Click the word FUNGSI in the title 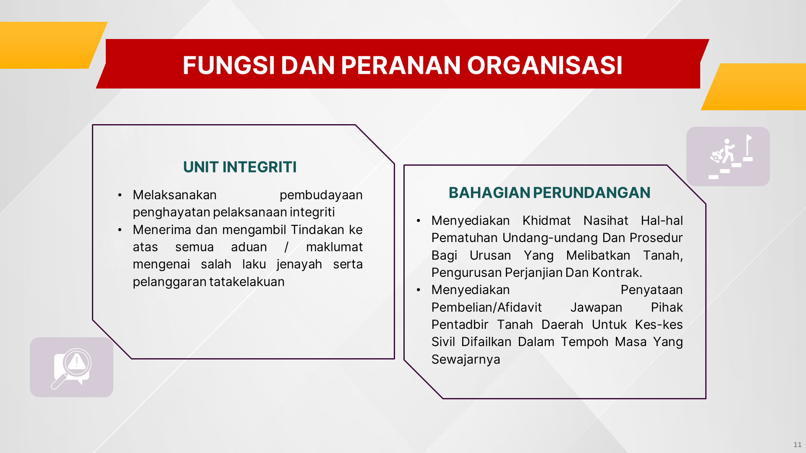tap(229, 65)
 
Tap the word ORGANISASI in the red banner tap(545, 65)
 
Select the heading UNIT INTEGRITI tap(240, 167)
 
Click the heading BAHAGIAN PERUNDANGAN tap(550, 193)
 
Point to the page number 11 tap(798, 445)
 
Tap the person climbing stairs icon tap(731, 156)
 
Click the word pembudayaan tap(321, 195)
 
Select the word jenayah tap(299, 264)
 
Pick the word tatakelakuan tap(247, 282)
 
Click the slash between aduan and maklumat tap(286, 247)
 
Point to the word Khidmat tap(547, 221)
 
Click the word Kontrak tap(617, 273)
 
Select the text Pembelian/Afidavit tap(487, 307)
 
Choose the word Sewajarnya tap(466, 359)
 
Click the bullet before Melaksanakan tap(120, 195)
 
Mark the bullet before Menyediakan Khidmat tap(419, 221)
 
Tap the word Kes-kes tap(659, 325)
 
